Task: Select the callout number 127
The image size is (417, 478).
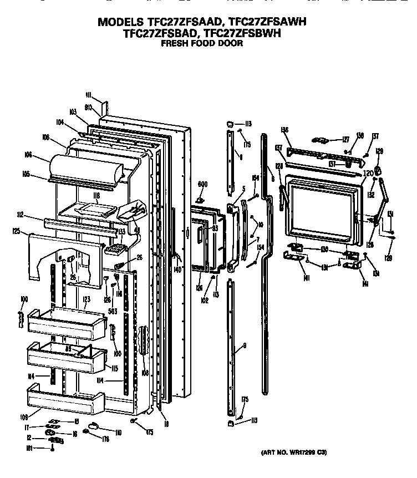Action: [345, 140]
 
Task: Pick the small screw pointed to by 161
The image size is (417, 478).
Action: [53, 447]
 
